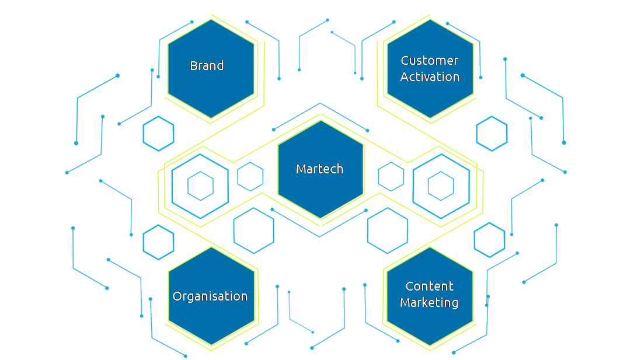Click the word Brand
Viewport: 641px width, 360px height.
207,66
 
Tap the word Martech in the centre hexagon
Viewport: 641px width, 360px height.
319,169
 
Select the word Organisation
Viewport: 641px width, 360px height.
210,296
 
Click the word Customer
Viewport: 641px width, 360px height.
430,61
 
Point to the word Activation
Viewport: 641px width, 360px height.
430,77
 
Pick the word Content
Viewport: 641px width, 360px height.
429,286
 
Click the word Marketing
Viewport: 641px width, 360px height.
429,303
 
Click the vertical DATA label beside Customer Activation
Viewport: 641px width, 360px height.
372,69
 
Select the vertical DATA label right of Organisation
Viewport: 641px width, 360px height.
262,296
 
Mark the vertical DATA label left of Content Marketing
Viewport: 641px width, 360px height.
379,296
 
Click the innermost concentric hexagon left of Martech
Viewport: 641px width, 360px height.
200,186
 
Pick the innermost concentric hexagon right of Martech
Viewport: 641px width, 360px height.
441,186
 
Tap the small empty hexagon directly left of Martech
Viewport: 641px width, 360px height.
250,176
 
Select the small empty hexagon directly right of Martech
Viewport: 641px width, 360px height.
391,176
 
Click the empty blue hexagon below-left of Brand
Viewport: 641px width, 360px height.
159,134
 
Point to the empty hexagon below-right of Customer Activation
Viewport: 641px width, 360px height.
492,134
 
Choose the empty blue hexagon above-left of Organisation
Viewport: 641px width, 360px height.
158,242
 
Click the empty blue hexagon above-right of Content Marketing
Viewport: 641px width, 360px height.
489,240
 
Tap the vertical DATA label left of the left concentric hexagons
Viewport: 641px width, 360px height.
153,190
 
